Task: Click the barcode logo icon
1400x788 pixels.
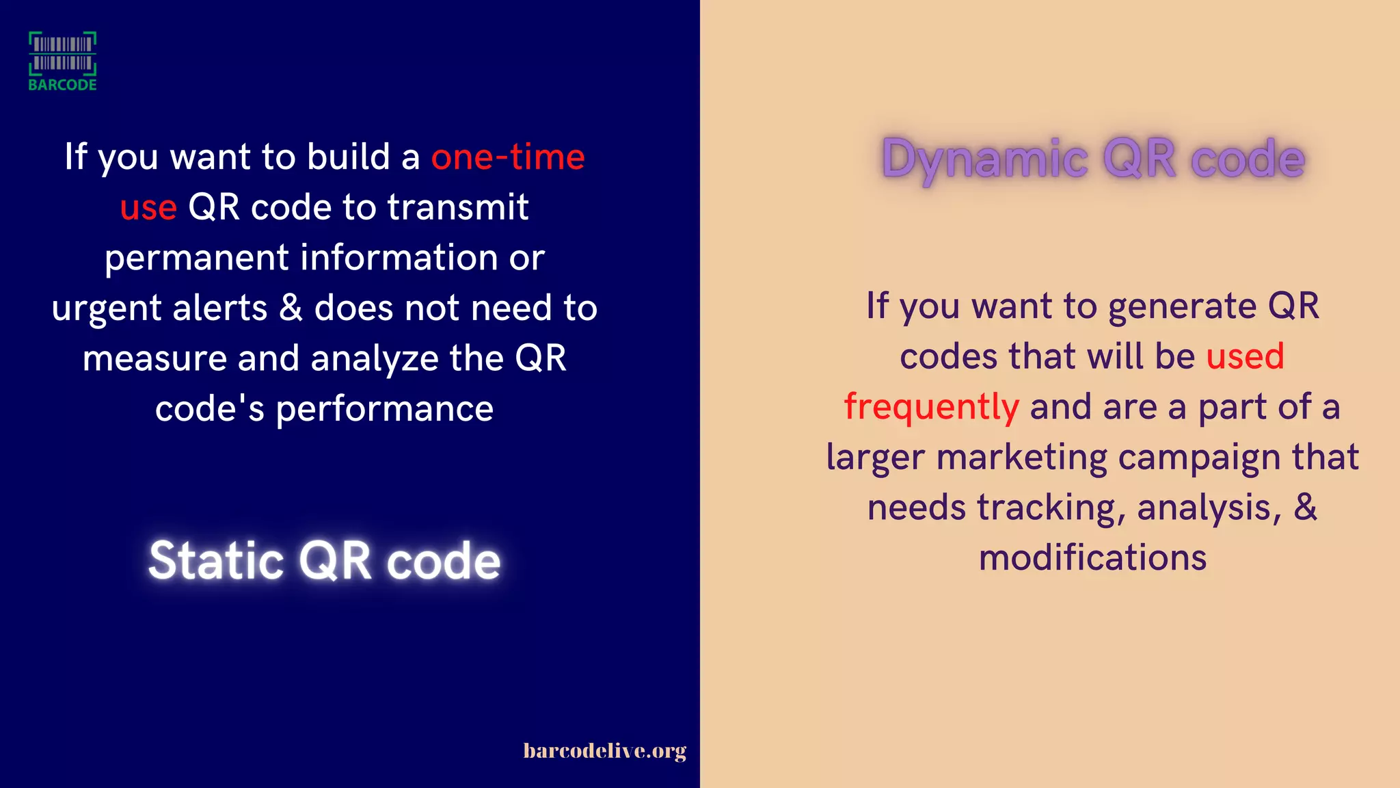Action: pyautogui.click(x=62, y=53)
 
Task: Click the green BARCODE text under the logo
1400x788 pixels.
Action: pyautogui.click(x=62, y=85)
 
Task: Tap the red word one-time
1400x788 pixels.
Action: pyautogui.click(x=507, y=157)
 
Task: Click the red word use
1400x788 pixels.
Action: pyautogui.click(x=148, y=207)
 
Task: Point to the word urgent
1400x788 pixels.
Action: pyautogui.click(x=106, y=308)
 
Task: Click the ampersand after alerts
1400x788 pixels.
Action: pyautogui.click(x=291, y=308)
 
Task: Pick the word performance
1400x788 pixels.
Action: pyautogui.click(x=384, y=409)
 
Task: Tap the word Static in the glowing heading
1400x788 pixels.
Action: pyautogui.click(x=216, y=561)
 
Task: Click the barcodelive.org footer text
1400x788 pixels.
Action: pyautogui.click(x=604, y=751)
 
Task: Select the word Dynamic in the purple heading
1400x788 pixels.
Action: pyautogui.click(x=984, y=159)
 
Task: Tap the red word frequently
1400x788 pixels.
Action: pyautogui.click(x=931, y=407)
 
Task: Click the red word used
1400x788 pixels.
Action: pyautogui.click(x=1245, y=356)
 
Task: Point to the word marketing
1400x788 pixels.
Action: pyautogui.click(x=1021, y=457)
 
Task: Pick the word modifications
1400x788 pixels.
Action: pyautogui.click(x=1092, y=557)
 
